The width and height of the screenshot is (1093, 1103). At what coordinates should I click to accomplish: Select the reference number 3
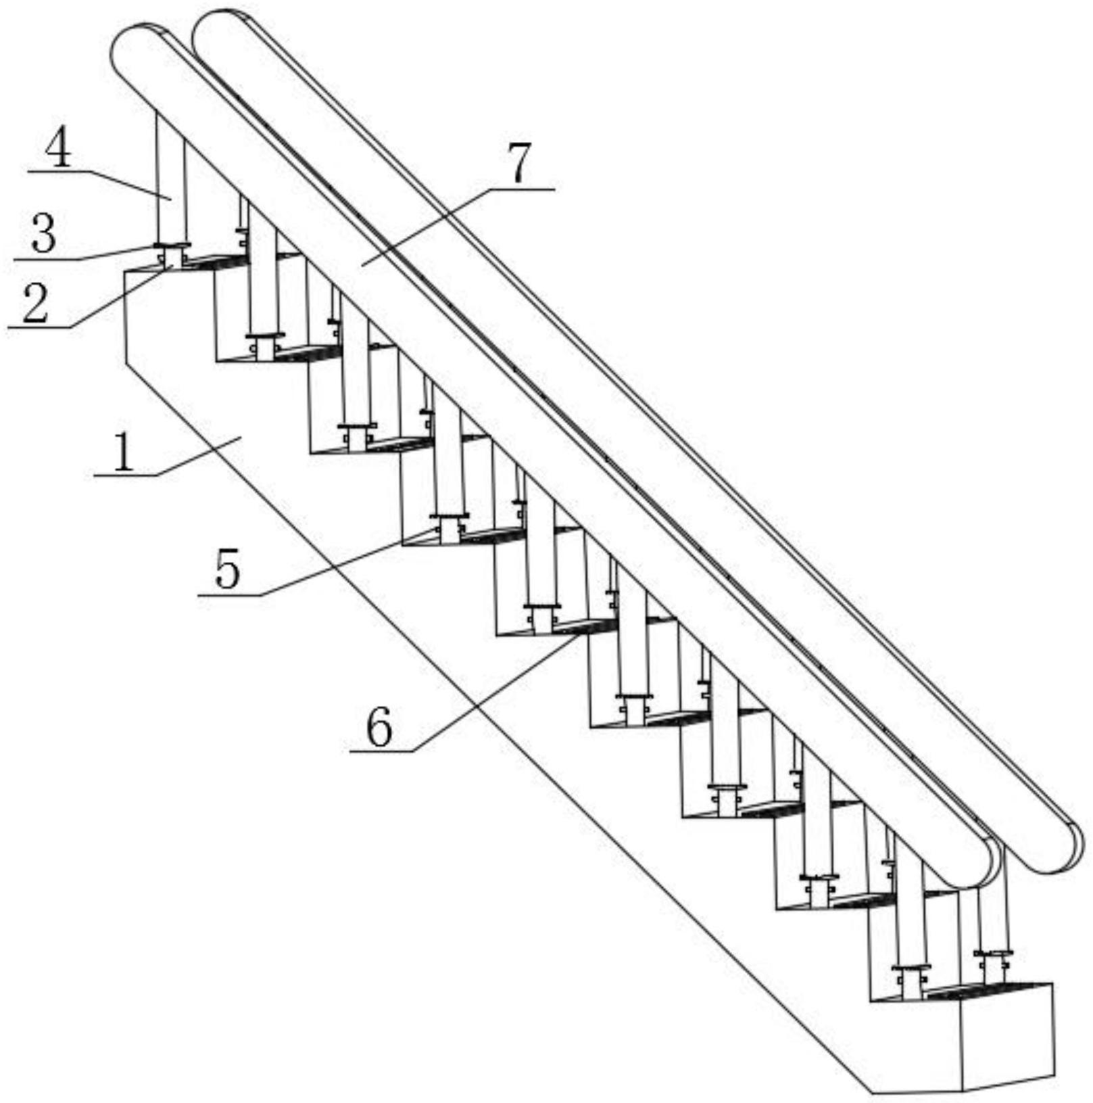(43, 234)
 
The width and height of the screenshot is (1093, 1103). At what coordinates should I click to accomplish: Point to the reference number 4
(58, 150)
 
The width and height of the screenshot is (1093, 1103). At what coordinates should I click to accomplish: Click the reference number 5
(228, 569)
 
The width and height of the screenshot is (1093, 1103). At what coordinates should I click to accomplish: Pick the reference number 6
(379, 728)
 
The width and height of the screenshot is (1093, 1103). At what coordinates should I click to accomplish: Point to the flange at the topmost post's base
(171, 245)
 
